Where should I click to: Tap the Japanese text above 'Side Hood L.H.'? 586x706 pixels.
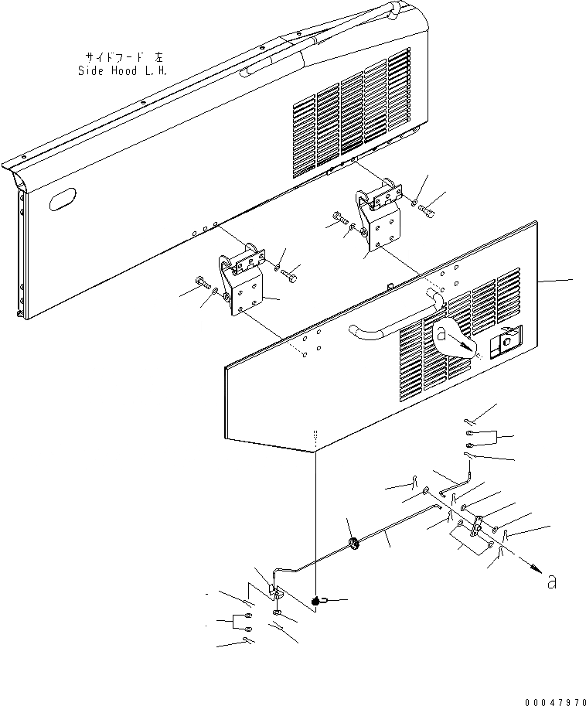[x=123, y=56]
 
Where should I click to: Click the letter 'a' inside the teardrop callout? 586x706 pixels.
[x=441, y=334]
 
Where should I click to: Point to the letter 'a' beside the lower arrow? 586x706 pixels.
[x=550, y=582]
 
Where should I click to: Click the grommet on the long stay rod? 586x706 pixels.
[x=353, y=545]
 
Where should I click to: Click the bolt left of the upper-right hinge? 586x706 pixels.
[x=337, y=219]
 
